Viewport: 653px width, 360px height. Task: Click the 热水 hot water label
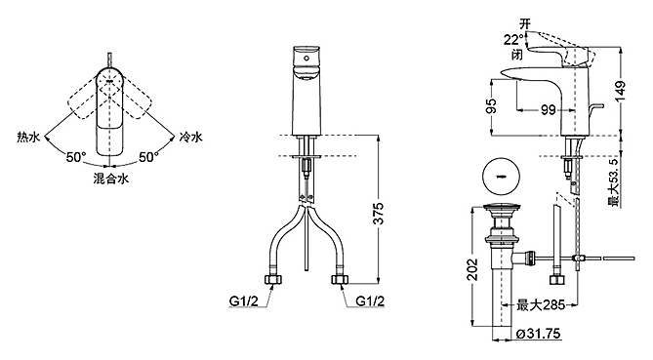pos(28,137)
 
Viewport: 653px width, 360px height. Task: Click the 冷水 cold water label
pos(190,137)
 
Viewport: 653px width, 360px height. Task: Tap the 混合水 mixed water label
pos(110,179)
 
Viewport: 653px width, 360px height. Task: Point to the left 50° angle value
pos(76,157)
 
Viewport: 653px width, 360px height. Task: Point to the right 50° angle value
pos(148,157)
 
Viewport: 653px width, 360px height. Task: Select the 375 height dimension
pos(378,213)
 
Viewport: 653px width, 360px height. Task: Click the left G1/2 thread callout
pos(244,300)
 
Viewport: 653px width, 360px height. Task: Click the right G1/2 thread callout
pos(370,300)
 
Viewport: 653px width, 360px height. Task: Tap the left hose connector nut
pos(272,279)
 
